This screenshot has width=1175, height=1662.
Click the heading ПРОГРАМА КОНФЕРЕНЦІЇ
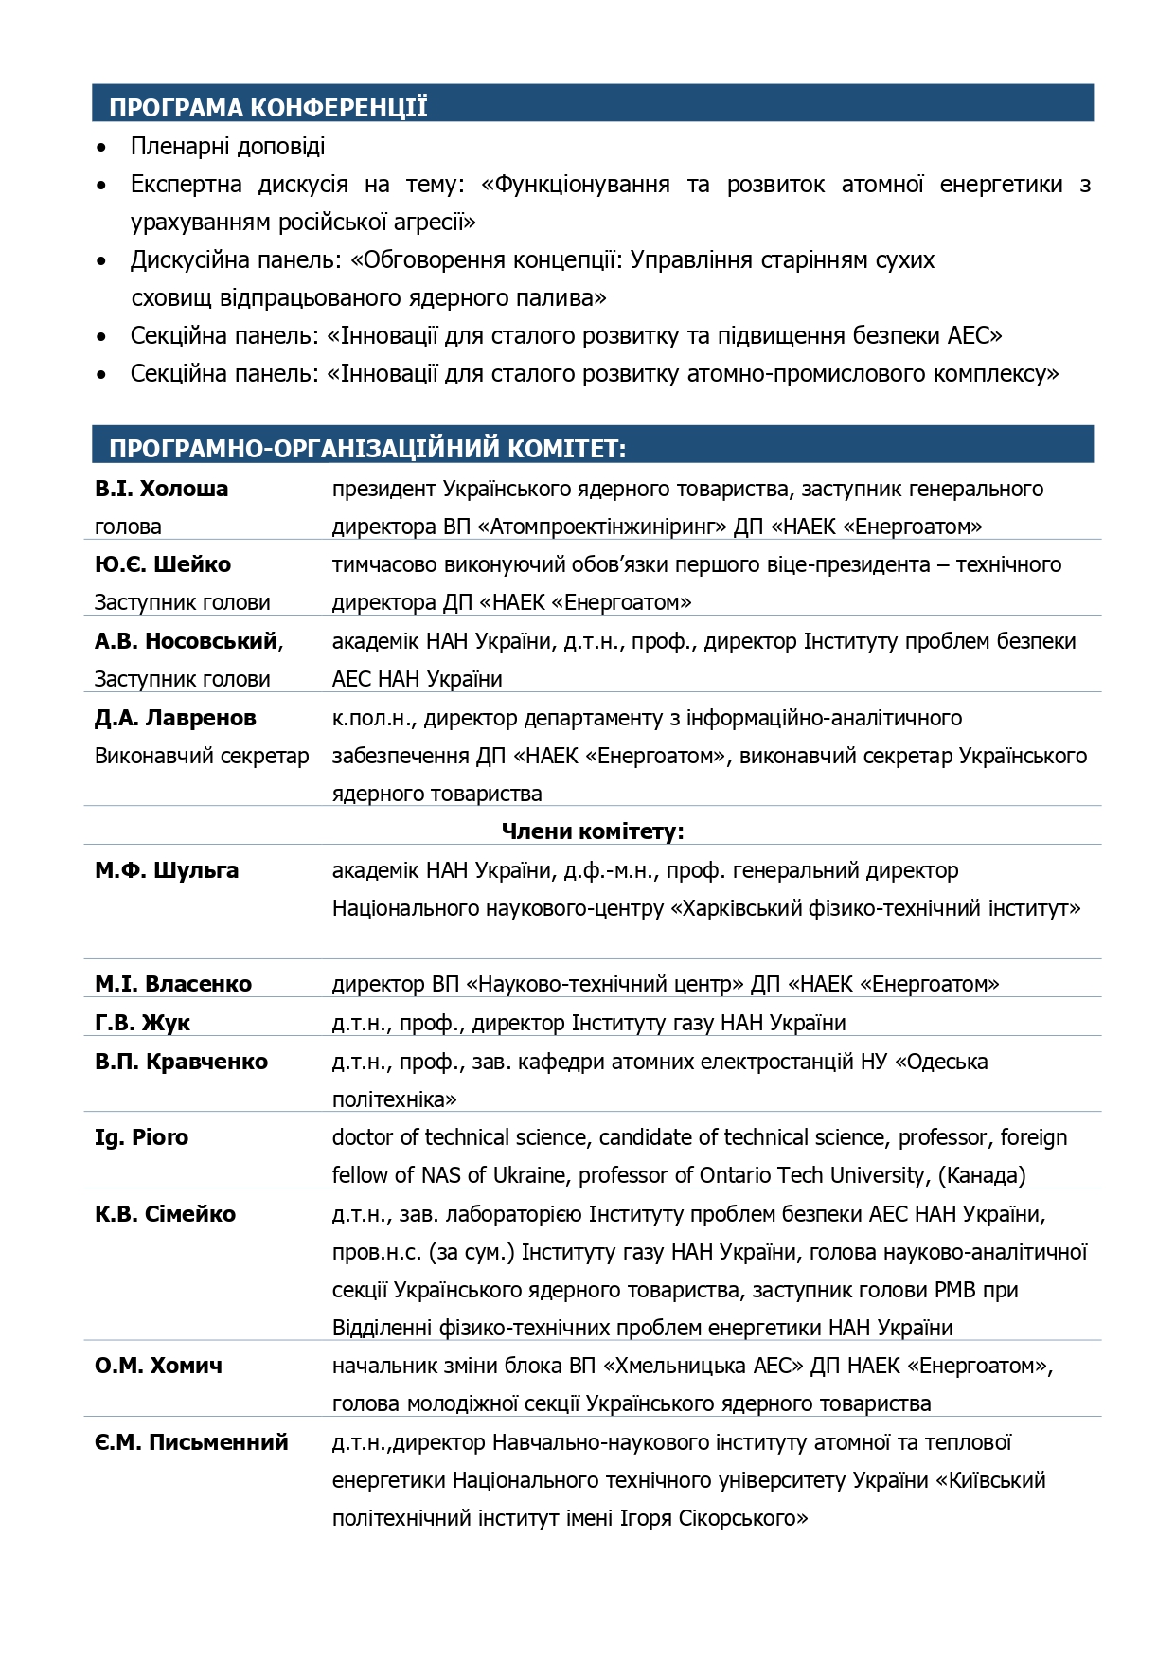(x=268, y=107)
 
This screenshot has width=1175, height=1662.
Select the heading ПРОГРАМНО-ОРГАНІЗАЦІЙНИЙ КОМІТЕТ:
(x=367, y=448)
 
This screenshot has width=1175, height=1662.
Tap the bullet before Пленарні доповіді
(x=101, y=148)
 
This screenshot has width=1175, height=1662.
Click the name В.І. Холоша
(x=161, y=489)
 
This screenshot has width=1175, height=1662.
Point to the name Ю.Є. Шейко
(x=163, y=564)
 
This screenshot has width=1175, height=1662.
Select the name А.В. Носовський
(x=187, y=641)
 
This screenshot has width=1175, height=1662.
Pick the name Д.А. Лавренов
(x=175, y=718)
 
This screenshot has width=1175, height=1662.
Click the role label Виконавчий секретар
(x=202, y=756)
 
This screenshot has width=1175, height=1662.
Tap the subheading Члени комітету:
(x=592, y=831)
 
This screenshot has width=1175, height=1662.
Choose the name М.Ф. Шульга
(x=167, y=870)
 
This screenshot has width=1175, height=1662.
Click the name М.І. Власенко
(x=173, y=984)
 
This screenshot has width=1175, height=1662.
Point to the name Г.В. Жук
(x=142, y=1023)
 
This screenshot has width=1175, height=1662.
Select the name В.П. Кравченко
(x=181, y=1062)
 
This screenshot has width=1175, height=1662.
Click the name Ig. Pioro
(x=141, y=1137)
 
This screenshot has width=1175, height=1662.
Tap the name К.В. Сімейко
(x=165, y=1214)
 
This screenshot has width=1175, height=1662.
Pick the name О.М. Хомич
(x=158, y=1366)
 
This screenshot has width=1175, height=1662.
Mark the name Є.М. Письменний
(x=191, y=1442)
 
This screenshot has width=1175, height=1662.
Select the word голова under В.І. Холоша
(x=128, y=527)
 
